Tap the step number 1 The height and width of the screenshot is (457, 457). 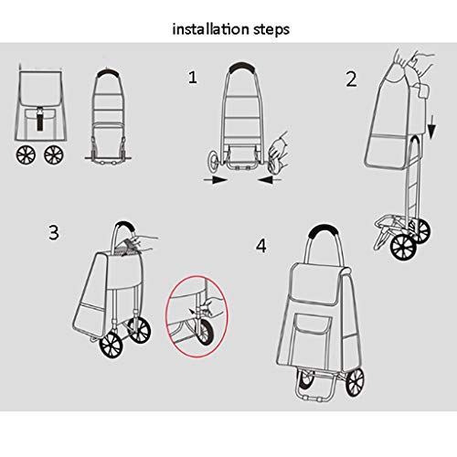(193, 78)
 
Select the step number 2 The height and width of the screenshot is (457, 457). (351, 79)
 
